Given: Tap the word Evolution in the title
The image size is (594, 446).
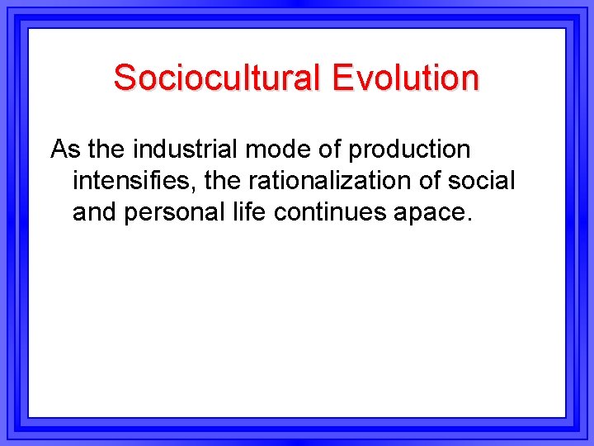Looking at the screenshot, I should (x=405, y=78).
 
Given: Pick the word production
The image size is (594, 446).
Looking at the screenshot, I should (x=409, y=151).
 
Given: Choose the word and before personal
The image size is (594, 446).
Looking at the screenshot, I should (x=94, y=211).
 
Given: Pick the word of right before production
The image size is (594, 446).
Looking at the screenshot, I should (x=330, y=149).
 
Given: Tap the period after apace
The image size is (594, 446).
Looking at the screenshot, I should (x=469, y=219).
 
